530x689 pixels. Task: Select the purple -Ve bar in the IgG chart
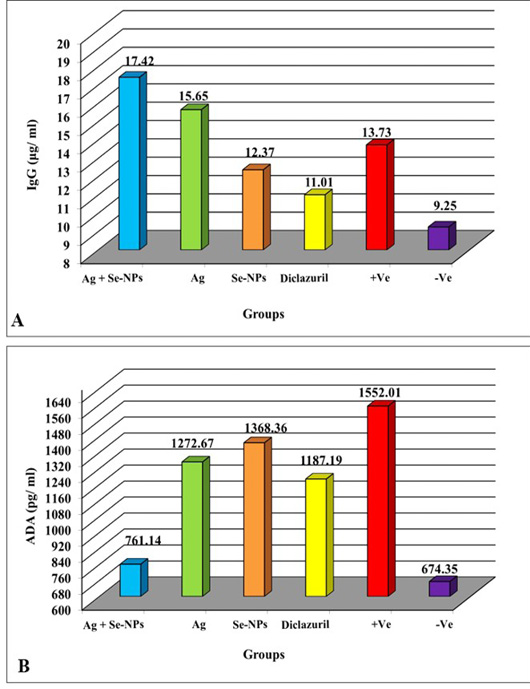point(442,236)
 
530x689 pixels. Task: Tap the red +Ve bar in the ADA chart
point(381,499)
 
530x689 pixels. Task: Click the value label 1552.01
point(380,392)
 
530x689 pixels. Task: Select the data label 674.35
point(439,569)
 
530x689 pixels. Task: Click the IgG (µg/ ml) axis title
point(33,155)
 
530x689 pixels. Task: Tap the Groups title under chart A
point(264,314)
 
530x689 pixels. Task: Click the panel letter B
point(24,666)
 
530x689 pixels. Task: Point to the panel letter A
point(18,320)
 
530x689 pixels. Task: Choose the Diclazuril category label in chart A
point(305,279)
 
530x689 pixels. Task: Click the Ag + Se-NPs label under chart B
point(113,624)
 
